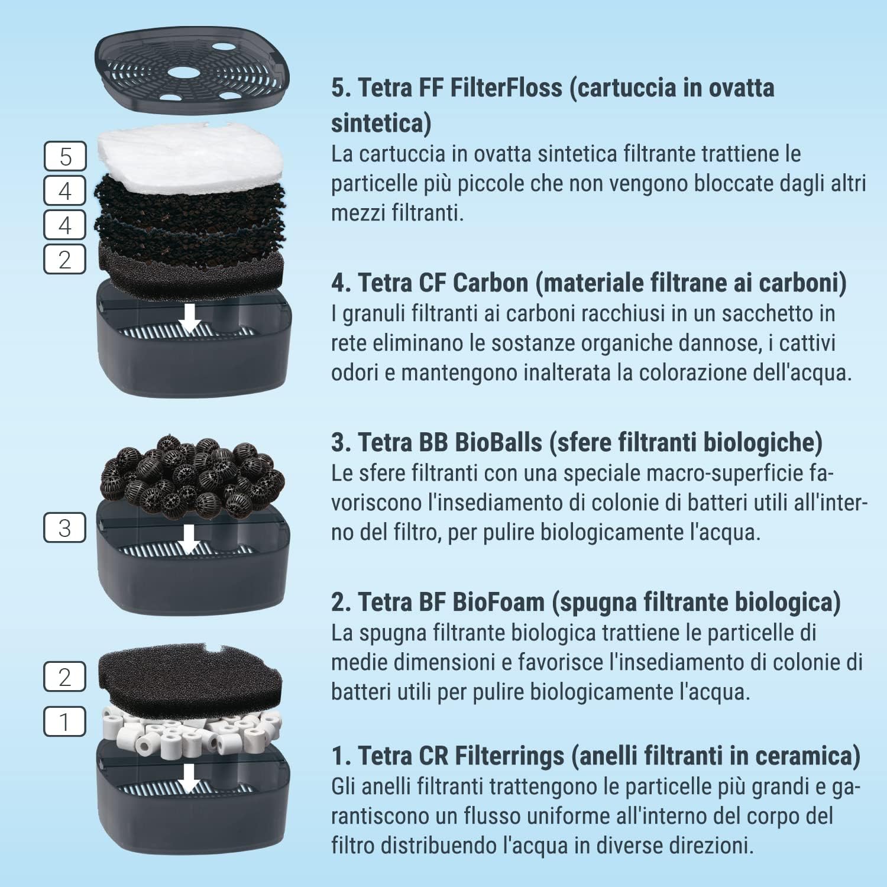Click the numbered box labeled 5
point(65,157)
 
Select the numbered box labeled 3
point(65,527)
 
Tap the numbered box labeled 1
point(65,721)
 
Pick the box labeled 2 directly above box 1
point(65,676)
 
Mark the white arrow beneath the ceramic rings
point(189,778)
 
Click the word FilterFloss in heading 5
point(506,88)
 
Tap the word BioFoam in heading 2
point(498,603)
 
